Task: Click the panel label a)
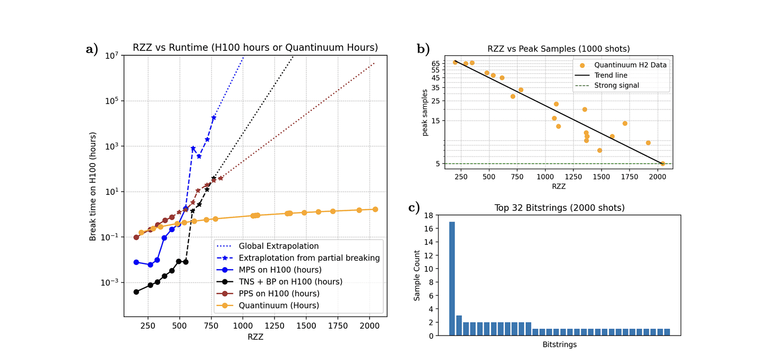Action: (91, 49)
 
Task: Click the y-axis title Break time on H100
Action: (93, 187)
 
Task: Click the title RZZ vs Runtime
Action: (255, 48)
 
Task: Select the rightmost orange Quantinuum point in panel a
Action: (375, 209)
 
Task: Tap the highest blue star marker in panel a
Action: (213, 118)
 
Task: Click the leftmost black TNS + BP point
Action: (136, 292)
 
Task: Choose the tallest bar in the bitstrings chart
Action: (452, 279)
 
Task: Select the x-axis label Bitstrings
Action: (559, 345)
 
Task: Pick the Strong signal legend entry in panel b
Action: (616, 85)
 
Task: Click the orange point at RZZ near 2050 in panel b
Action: (663, 164)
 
